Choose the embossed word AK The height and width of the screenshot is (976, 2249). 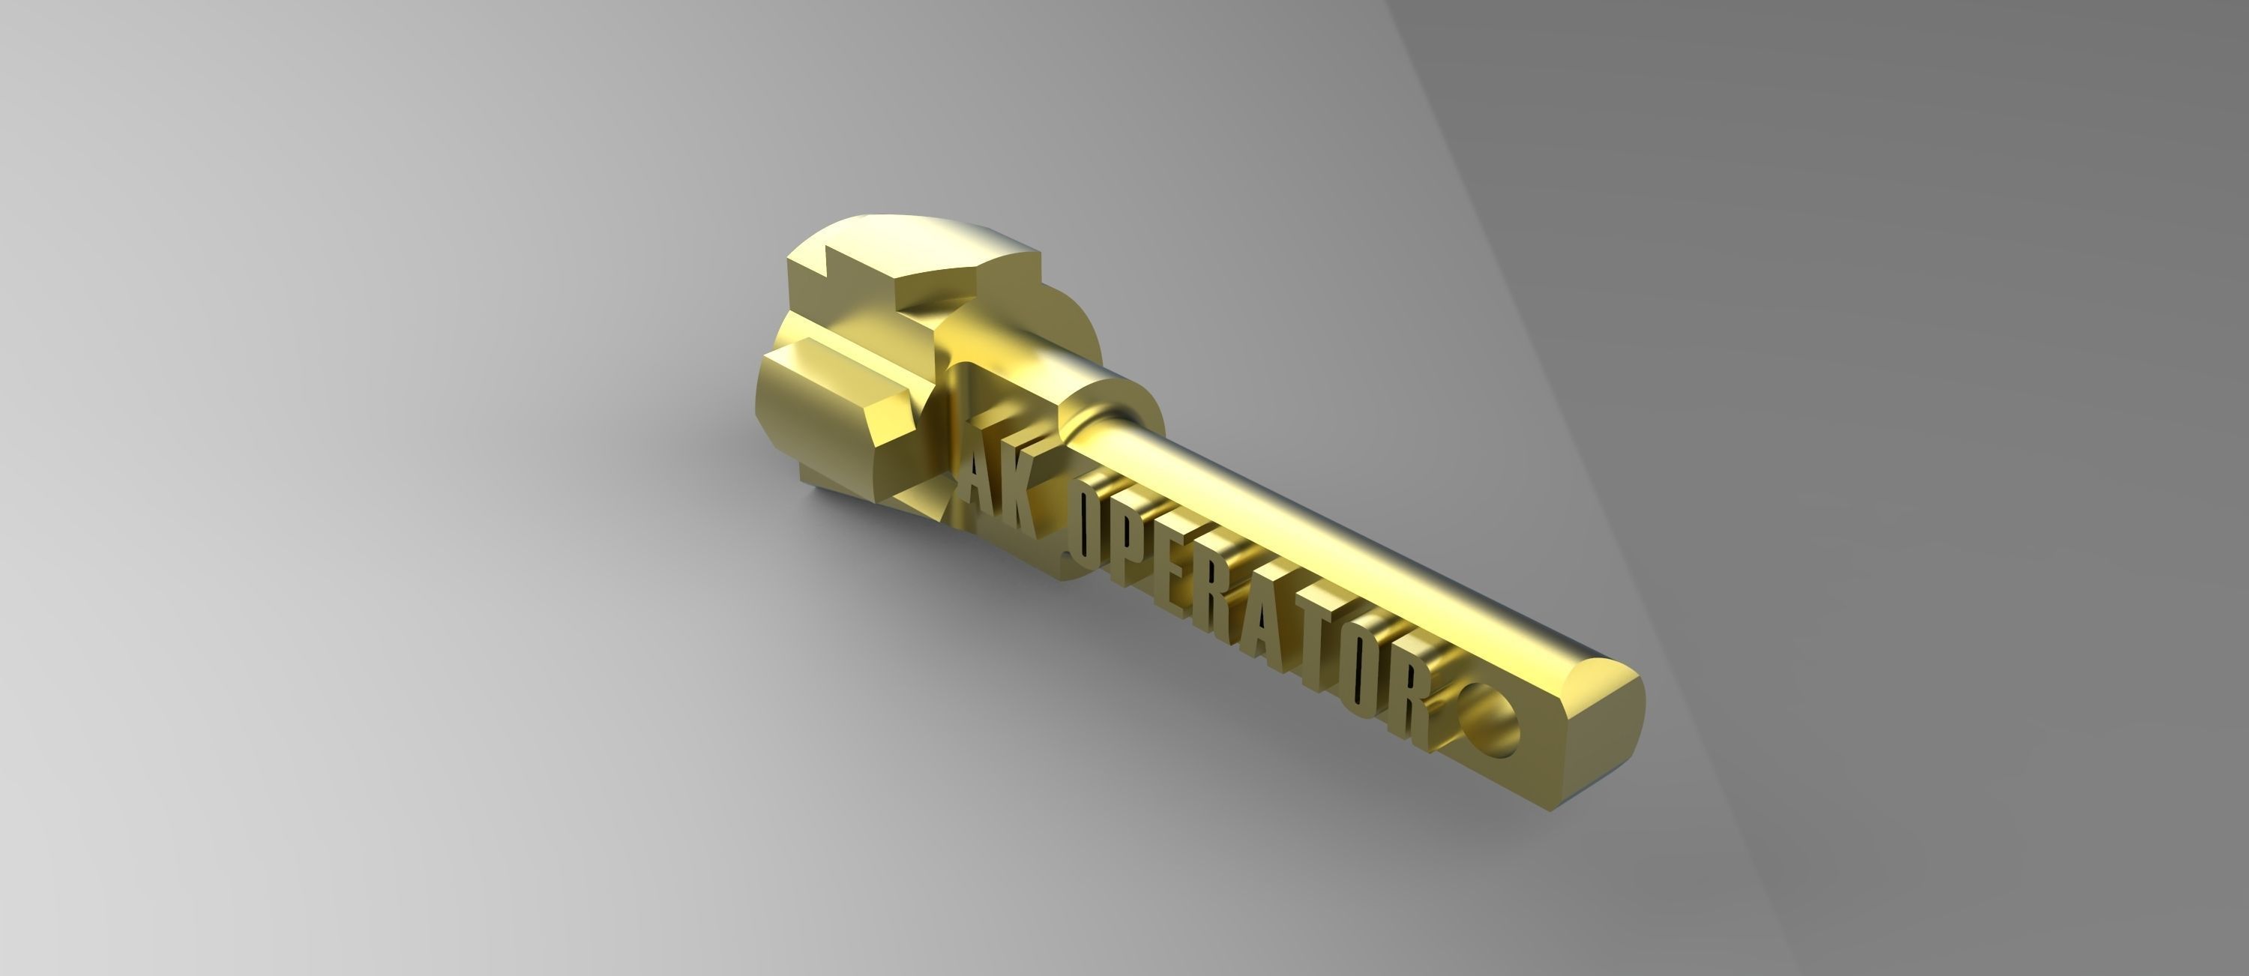click(996, 484)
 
